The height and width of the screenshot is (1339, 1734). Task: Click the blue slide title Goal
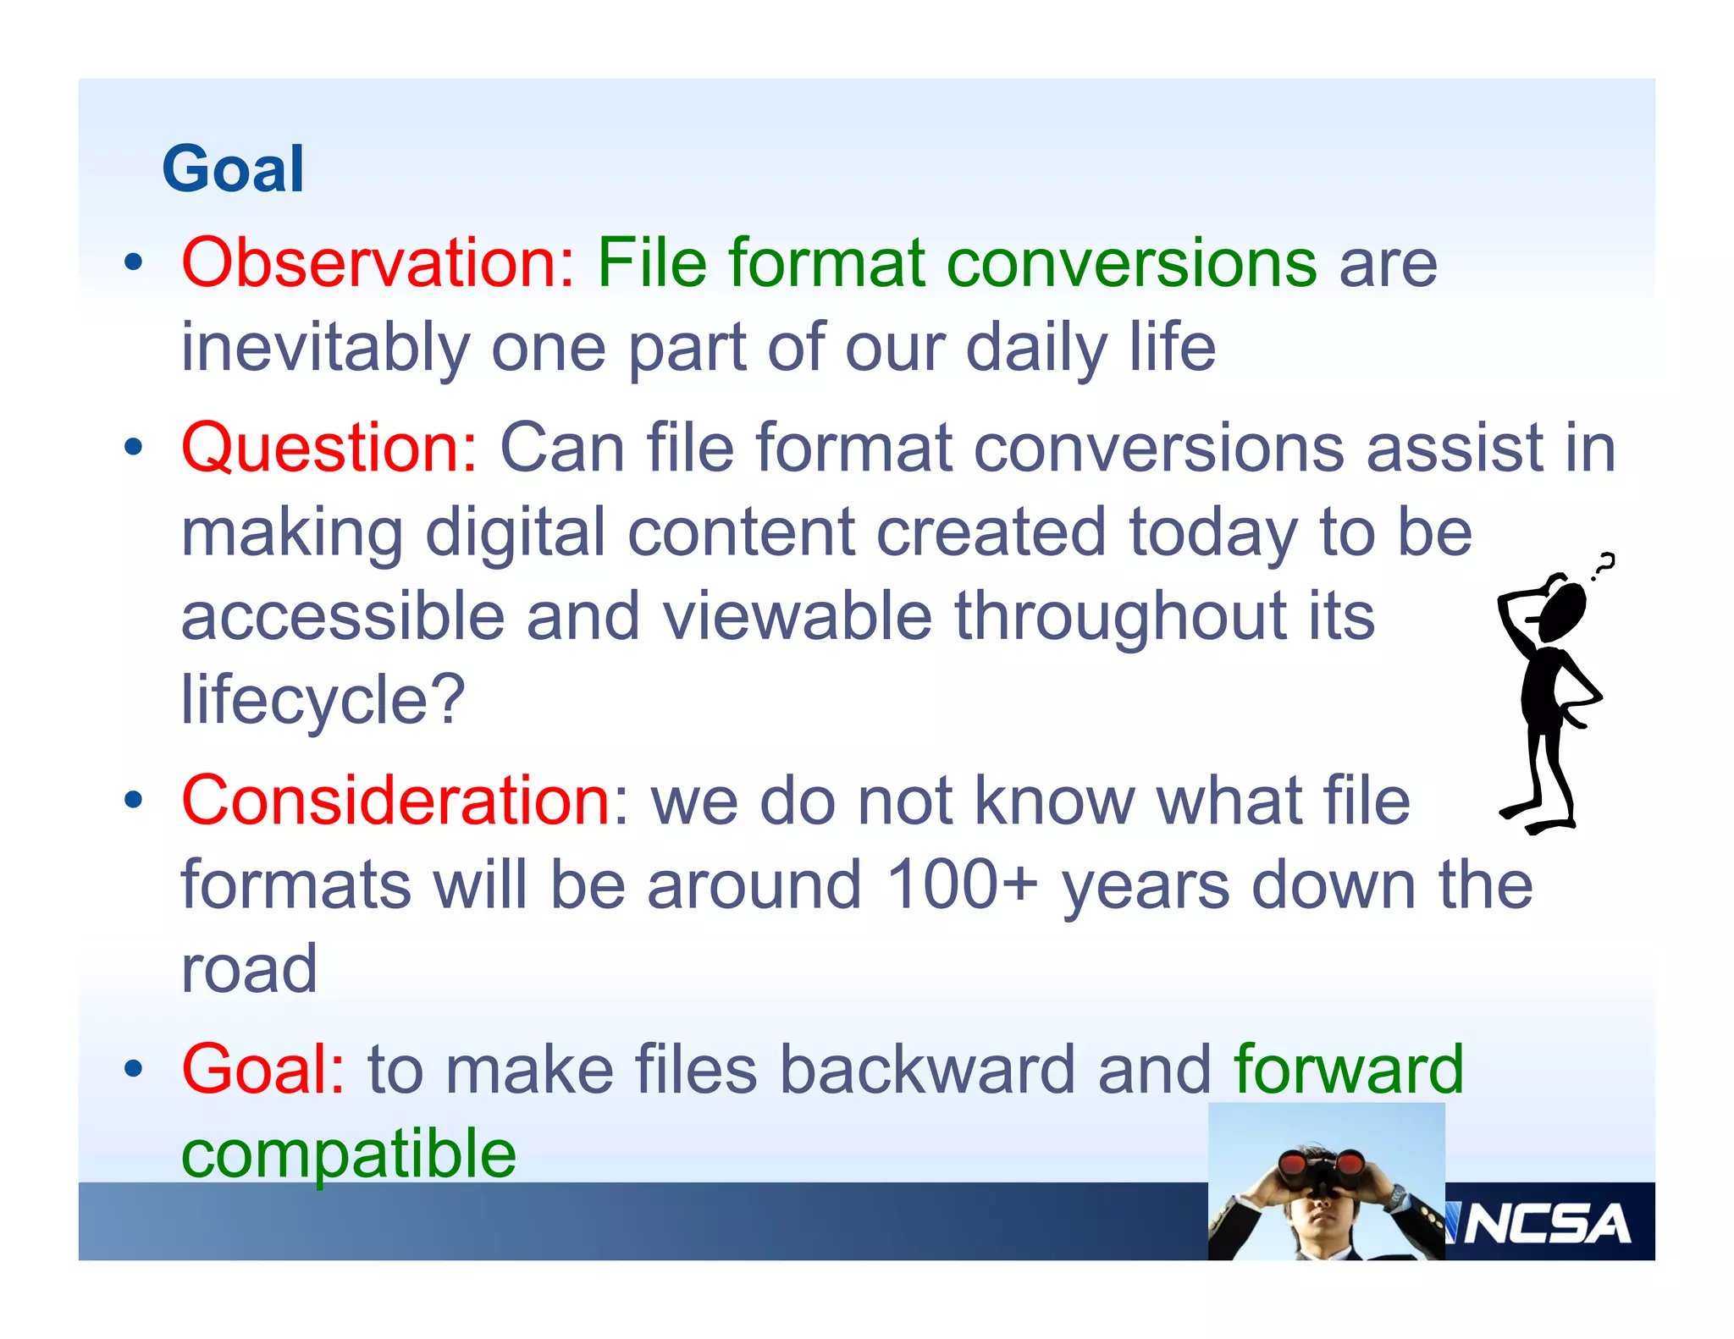233,169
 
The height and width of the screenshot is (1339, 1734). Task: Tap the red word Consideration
396,801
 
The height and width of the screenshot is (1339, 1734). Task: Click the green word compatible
348,1154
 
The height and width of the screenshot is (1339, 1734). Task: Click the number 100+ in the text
962,885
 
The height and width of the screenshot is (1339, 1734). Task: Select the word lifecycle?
323,701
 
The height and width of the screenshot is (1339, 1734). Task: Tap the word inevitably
325,348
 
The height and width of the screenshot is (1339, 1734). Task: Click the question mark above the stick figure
1603,565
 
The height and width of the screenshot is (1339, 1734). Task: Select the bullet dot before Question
133,446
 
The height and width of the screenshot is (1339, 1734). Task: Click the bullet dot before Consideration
133,799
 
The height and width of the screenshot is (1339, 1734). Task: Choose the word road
249,970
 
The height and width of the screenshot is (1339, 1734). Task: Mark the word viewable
797,616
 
